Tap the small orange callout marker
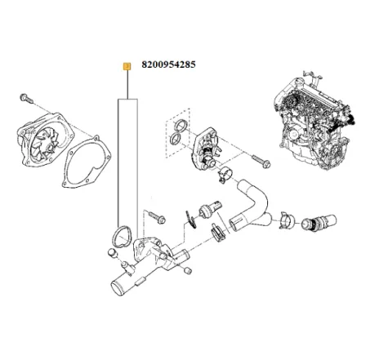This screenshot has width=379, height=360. (x=125, y=65)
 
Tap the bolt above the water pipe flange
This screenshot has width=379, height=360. (x=158, y=218)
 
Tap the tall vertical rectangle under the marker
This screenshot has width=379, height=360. (x=126, y=163)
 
